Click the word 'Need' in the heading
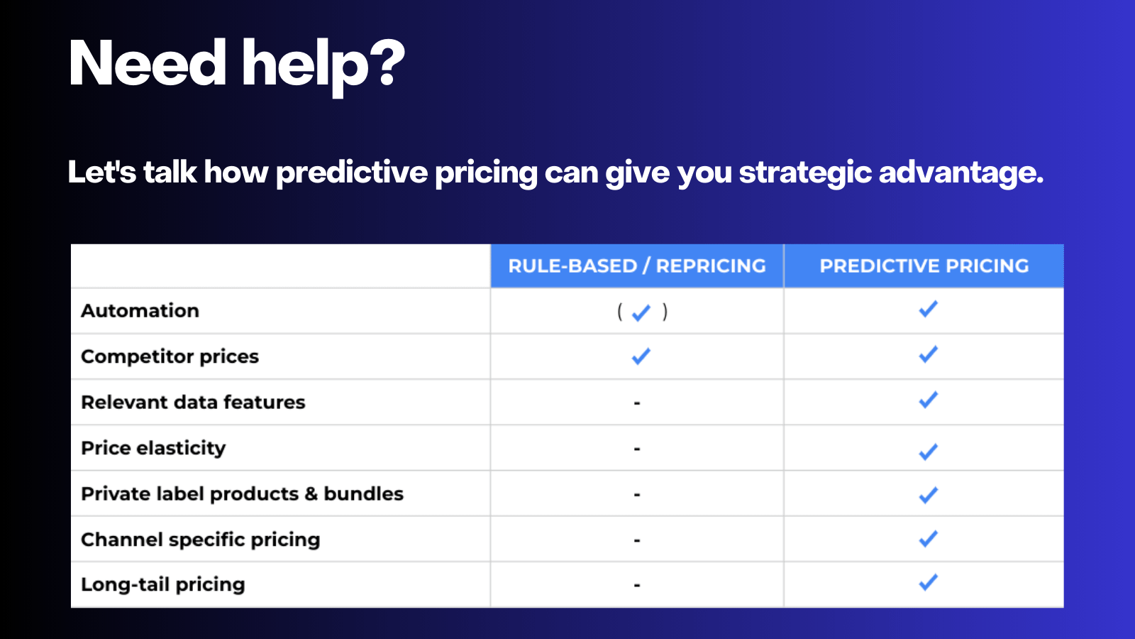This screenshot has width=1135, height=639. click(148, 64)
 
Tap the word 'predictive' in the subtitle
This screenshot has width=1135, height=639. click(352, 173)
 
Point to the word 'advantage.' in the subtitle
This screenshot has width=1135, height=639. click(961, 173)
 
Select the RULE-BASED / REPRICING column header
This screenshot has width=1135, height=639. click(637, 266)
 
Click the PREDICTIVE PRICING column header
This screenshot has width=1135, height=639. click(924, 266)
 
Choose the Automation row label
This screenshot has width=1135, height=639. click(140, 311)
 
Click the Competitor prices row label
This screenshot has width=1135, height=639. click(170, 356)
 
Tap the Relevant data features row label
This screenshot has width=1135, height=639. click(193, 402)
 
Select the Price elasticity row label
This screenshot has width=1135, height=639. click(153, 448)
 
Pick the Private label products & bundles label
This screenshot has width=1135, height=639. click(242, 493)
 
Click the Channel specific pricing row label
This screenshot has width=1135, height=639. click(200, 540)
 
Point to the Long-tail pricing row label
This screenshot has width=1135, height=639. click(162, 584)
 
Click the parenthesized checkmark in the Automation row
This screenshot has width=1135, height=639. click(641, 312)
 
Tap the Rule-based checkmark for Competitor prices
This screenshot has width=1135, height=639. click(641, 356)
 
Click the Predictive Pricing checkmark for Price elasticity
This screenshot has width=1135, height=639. click(928, 452)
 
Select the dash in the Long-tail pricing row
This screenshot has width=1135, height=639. click(637, 586)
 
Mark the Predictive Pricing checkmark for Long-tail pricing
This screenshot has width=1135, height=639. click(928, 582)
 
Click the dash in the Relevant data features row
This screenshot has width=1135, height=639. click(637, 403)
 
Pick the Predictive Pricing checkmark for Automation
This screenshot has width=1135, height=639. click(928, 309)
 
